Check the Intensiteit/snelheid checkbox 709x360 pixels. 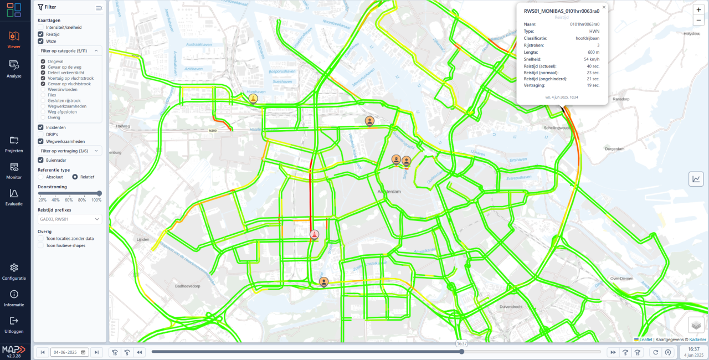point(41,27)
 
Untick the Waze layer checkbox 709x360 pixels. point(41,41)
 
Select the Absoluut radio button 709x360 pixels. point(41,177)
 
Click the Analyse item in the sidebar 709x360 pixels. point(14,68)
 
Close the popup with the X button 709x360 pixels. point(604,7)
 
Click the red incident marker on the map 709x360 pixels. point(315,234)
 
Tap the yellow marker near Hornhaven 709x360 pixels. point(253,99)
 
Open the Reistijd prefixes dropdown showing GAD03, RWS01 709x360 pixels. point(70,219)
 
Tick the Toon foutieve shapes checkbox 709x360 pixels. point(41,245)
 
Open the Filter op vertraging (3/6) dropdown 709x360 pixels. point(70,151)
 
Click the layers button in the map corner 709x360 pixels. point(696,325)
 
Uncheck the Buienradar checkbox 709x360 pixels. point(41,160)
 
